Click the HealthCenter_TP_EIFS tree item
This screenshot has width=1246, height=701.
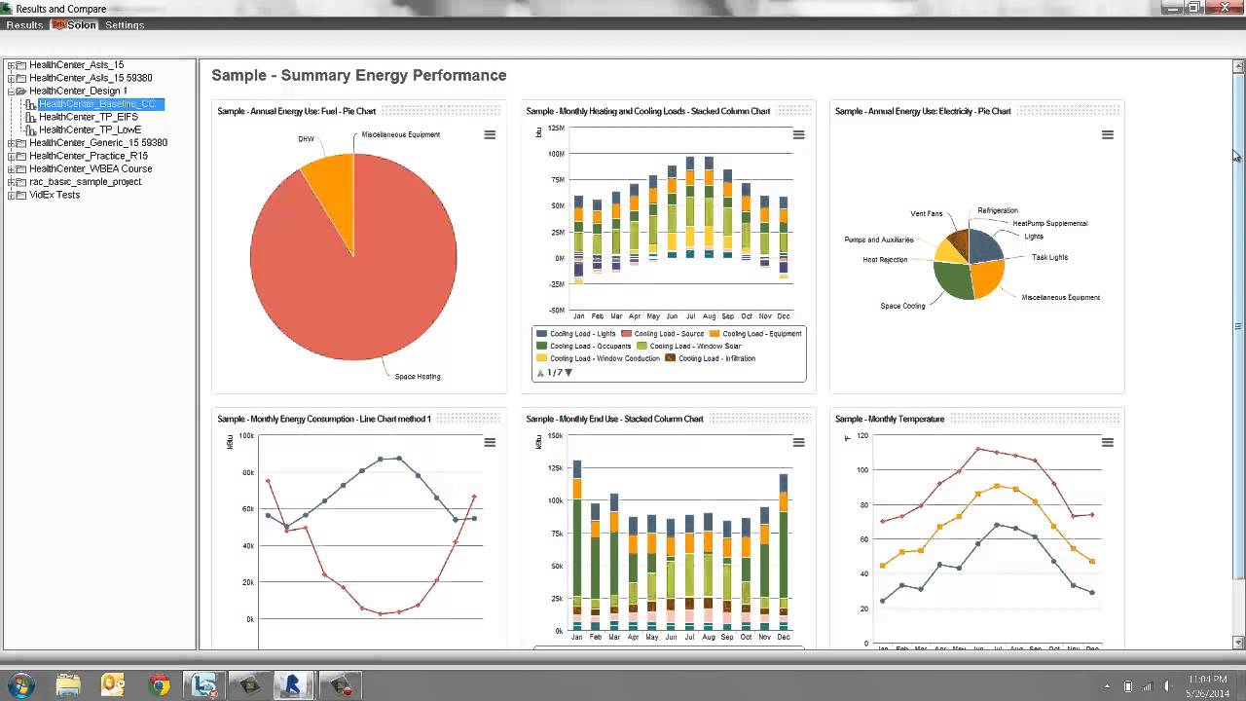(88, 117)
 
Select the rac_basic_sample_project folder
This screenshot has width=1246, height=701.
(85, 182)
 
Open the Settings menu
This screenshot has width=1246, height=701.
(125, 25)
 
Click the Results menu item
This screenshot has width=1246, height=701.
(24, 25)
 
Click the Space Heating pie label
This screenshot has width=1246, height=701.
(417, 377)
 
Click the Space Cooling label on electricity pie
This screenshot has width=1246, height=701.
(902, 306)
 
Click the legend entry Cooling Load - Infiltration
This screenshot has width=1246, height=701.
(716, 358)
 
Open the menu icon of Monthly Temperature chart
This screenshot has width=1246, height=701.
(1107, 443)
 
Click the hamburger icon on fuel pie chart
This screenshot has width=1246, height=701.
(490, 135)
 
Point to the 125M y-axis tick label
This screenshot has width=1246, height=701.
(556, 128)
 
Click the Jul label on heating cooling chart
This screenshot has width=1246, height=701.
(690, 316)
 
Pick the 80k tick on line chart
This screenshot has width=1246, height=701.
(247, 473)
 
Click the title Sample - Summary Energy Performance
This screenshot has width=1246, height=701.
(358, 76)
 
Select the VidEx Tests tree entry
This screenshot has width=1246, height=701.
(55, 195)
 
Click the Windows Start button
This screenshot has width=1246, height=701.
(20, 684)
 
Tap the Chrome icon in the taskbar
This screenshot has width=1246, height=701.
(159, 685)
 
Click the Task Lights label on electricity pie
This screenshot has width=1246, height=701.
(1049, 258)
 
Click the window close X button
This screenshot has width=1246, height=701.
(1225, 8)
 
